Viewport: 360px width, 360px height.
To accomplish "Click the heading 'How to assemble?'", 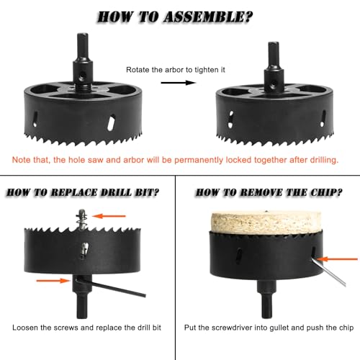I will [180, 15].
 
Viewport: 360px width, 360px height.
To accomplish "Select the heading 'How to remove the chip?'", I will [268, 194].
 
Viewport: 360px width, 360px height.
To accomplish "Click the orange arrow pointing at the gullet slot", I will [336, 257].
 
